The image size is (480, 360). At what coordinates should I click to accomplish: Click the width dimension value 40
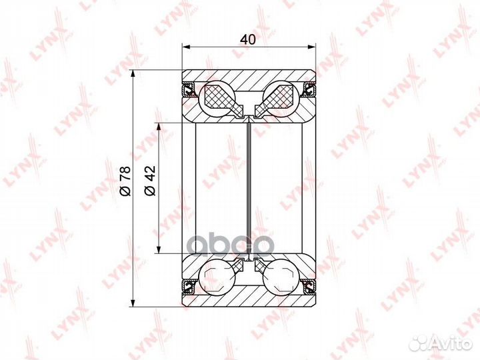point(248,39)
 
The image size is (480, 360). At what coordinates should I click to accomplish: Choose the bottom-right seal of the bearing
point(308,286)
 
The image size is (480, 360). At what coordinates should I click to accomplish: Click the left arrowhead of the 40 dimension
point(187,47)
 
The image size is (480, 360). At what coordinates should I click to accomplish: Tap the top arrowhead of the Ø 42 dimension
point(159,126)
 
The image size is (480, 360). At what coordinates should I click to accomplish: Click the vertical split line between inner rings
point(248,187)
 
